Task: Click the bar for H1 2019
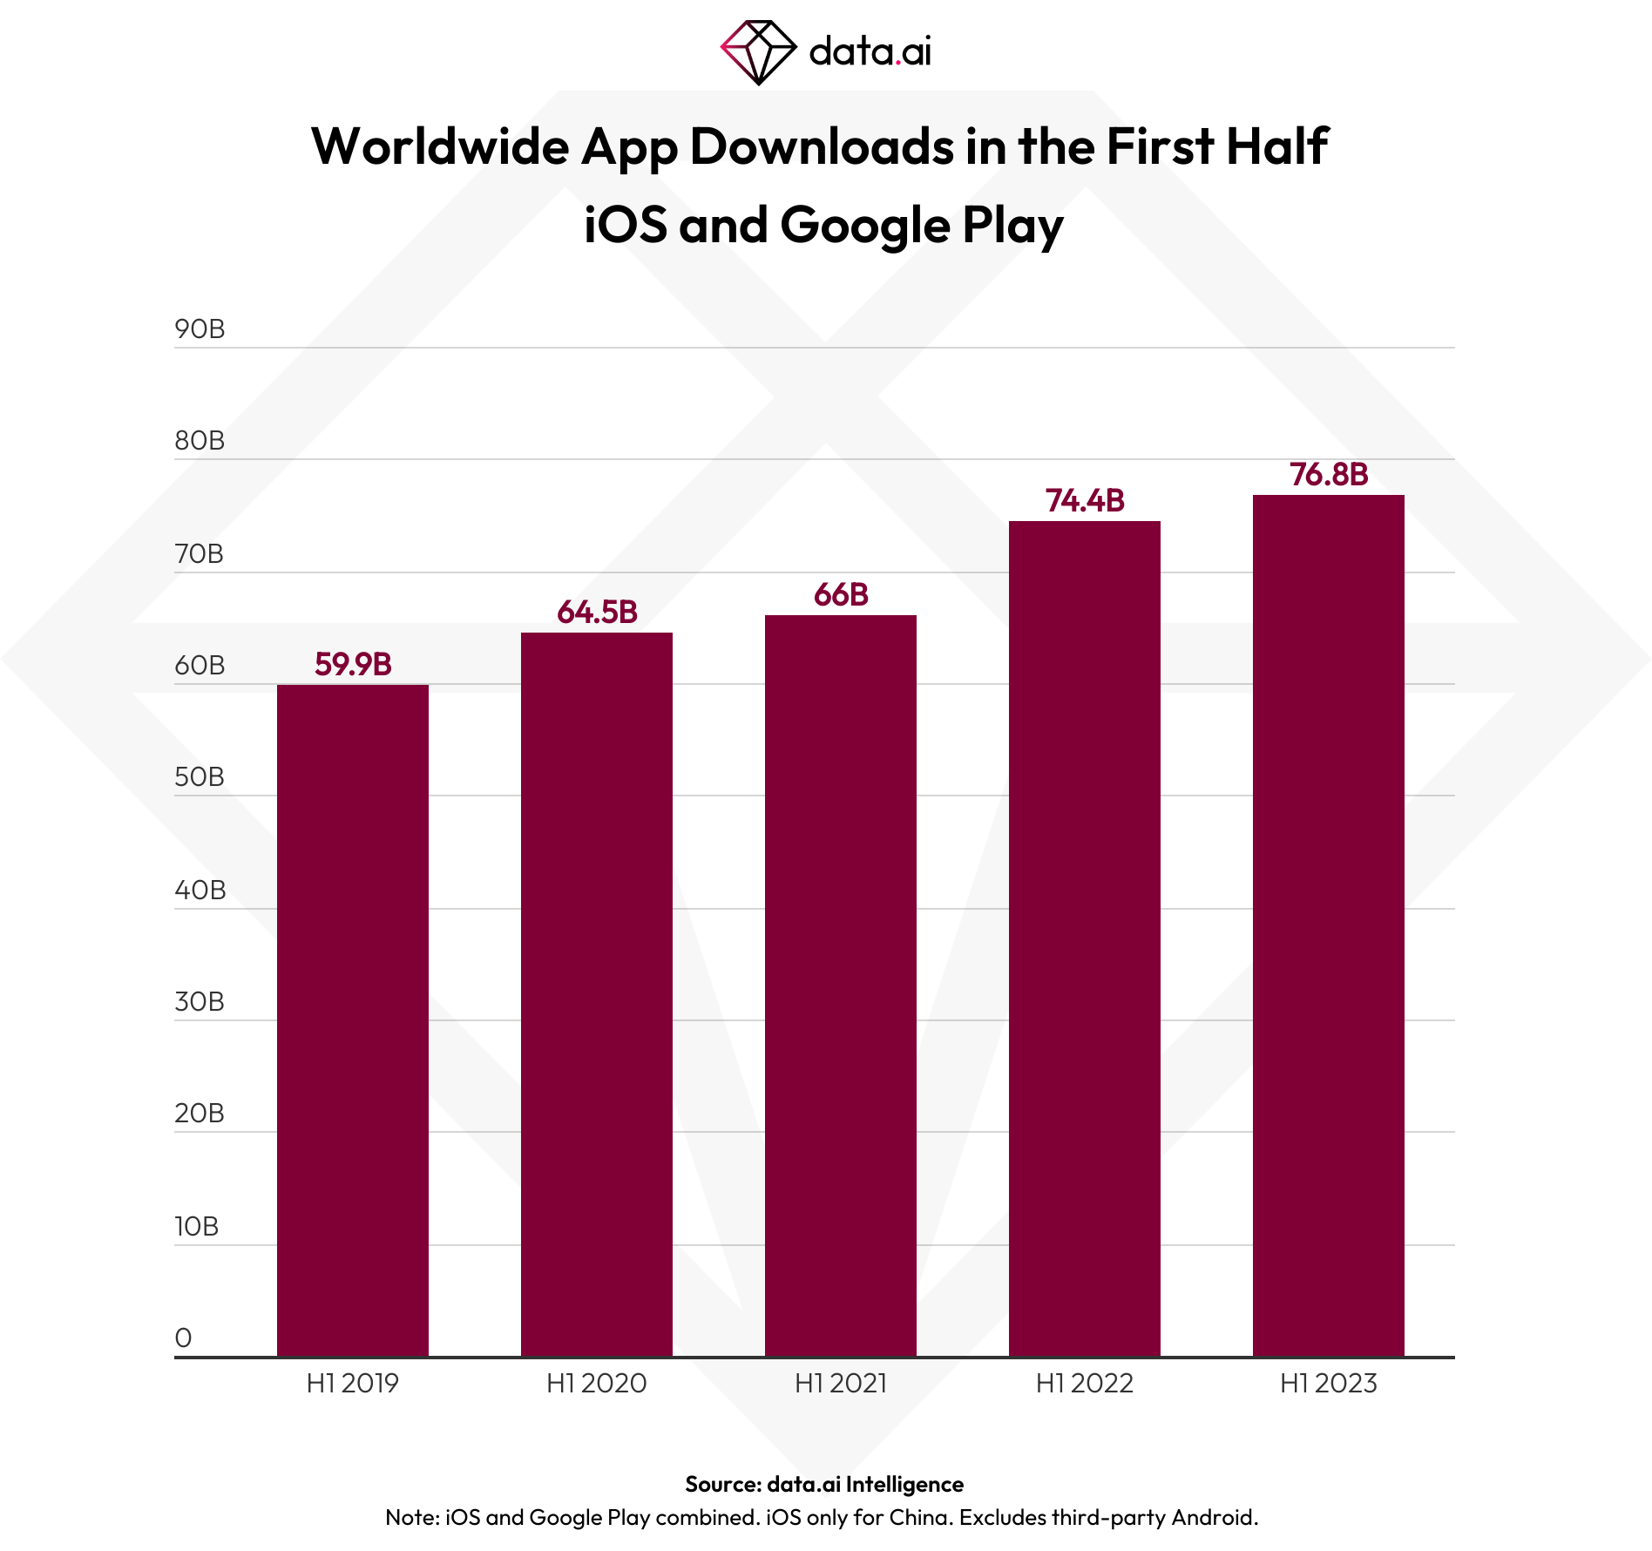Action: pyautogui.click(x=353, y=1019)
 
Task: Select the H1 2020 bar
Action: pyautogui.click(x=597, y=993)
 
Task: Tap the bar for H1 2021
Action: pyautogui.click(x=841, y=985)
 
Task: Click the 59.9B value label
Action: pyautogui.click(x=353, y=664)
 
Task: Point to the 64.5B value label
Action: pyautogui.click(x=597, y=612)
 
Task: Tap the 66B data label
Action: pyautogui.click(x=841, y=594)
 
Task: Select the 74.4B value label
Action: pyautogui.click(x=1085, y=500)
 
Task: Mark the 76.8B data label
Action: pyautogui.click(x=1329, y=474)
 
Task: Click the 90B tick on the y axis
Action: pyautogui.click(x=200, y=329)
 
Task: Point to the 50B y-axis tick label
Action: pyautogui.click(x=200, y=777)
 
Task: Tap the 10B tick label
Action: pyautogui.click(x=197, y=1227)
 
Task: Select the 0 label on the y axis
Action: pyautogui.click(x=183, y=1338)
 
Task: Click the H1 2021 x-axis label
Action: pyautogui.click(x=841, y=1384)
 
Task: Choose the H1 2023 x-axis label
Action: pyautogui.click(x=1329, y=1384)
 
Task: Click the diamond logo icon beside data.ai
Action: pyautogui.click(x=758, y=51)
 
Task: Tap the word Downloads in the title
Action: pyautogui.click(x=822, y=146)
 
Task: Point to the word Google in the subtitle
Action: pyautogui.click(x=864, y=225)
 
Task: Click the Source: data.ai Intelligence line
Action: pyautogui.click(x=824, y=1484)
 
